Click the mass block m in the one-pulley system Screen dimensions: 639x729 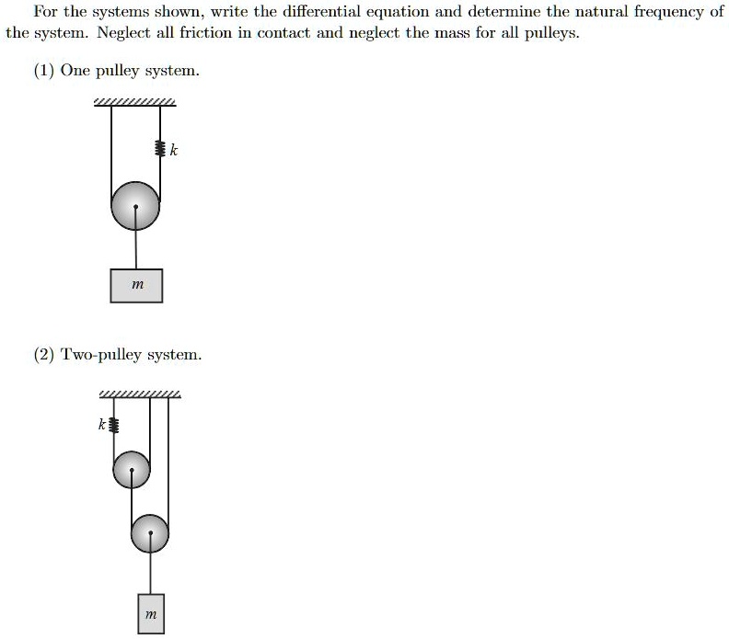coord(136,285)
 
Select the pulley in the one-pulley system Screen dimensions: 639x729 coord(135,206)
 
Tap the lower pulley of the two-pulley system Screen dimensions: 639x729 coord(150,531)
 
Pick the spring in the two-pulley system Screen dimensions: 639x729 coord(113,425)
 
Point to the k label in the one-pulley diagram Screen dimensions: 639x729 coord(173,150)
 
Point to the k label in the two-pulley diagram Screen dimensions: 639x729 coord(101,425)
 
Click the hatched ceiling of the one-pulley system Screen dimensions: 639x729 coord(134,101)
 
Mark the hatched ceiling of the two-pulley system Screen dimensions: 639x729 coord(140,395)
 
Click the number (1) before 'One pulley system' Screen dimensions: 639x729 coord(43,71)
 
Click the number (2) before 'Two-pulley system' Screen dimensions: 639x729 coord(44,354)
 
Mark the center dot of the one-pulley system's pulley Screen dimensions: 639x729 coord(136,207)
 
